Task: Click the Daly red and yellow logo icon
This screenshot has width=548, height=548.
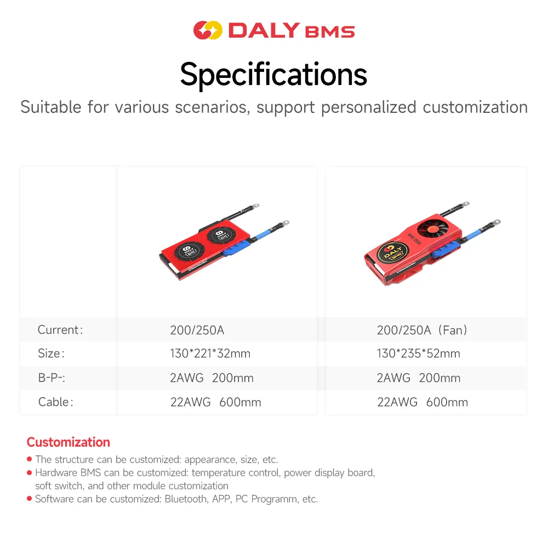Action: click(208, 30)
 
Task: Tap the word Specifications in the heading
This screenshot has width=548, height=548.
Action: click(273, 74)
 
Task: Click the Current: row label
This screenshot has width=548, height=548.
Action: click(60, 330)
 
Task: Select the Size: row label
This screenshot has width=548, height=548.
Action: click(51, 353)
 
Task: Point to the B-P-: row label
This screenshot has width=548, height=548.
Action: click(54, 378)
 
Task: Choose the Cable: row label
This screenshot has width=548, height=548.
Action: click(55, 402)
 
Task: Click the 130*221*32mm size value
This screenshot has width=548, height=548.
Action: click(210, 353)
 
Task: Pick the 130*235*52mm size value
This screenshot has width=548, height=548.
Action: click(418, 353)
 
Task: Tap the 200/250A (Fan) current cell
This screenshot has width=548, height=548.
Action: click(422, 330)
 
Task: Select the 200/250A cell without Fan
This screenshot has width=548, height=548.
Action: click(197, 330)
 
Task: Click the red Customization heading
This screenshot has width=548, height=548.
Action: click(68, 442)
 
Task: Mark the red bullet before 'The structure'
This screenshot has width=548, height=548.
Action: click(29, 460)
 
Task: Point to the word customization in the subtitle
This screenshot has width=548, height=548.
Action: click(475, 107)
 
